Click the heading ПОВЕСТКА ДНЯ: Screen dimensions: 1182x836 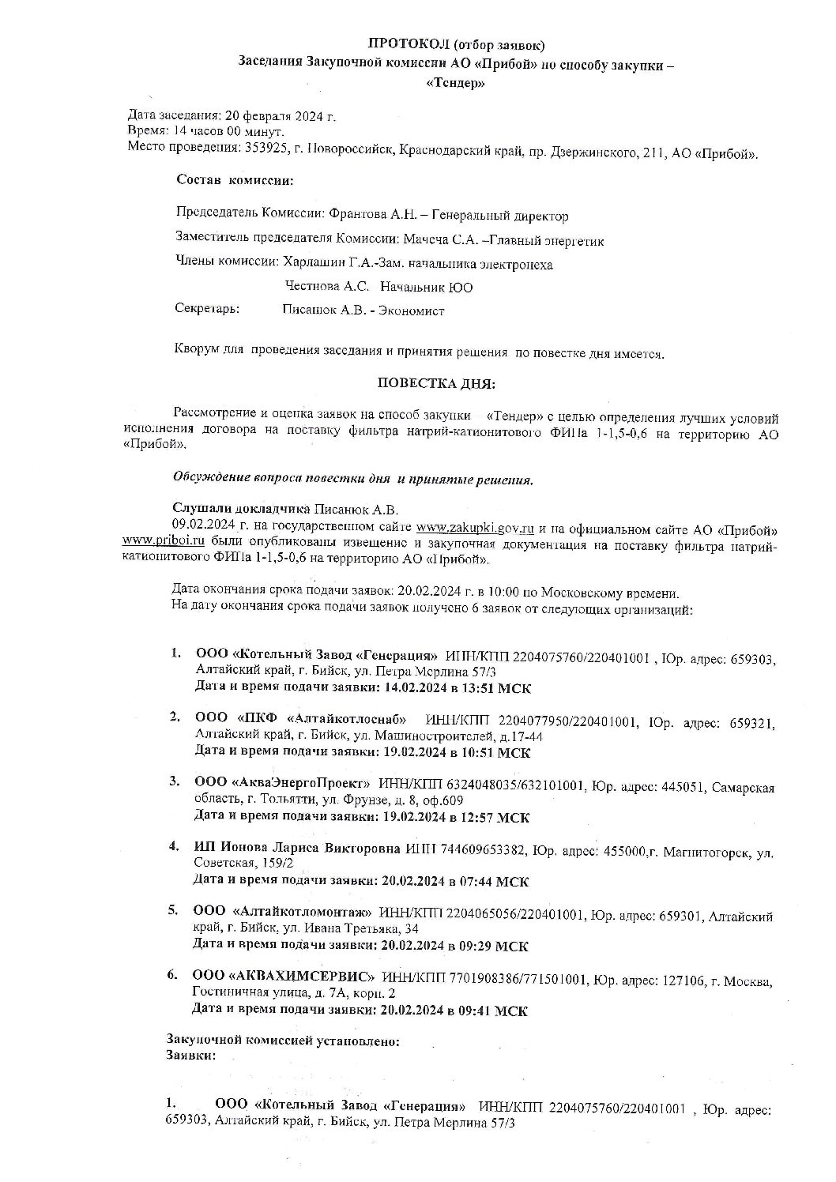coord(436,384)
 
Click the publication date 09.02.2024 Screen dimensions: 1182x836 coord(199,527)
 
